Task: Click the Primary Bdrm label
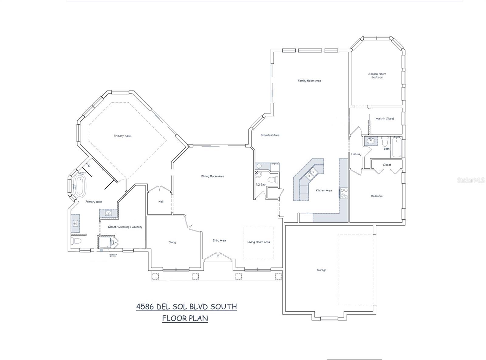[x=122, y=136]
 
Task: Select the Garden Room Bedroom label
[x=377, y=76]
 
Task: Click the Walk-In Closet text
[x=385, y=118]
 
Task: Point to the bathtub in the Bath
[x=397, y=148]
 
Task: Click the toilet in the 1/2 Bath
[x=275, y=179]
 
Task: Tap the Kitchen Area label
[x=324, y=190]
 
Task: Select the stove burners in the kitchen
[x=344, y=193]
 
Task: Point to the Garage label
[x=322, y=270]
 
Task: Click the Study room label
[x=172, y=242]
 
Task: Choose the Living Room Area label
[x=258, y=242]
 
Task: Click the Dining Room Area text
[x=213, y=176]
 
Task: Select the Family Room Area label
[x=309, y=81]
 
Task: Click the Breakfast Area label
[x=270, y=135]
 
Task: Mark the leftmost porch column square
[x=155, y=276]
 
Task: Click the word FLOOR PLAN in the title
[x=185, y=318]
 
